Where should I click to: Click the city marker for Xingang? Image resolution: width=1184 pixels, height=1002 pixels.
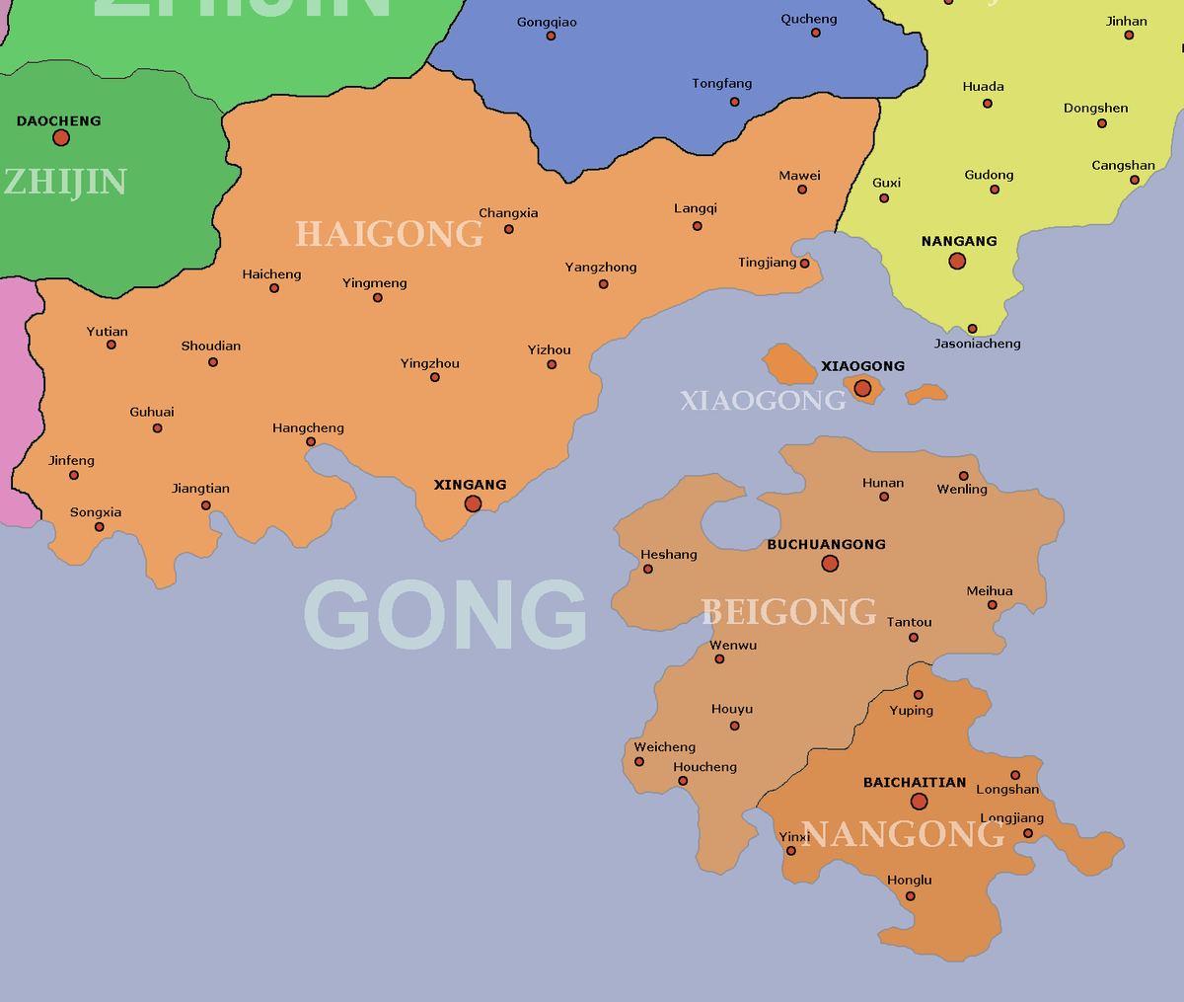[473, 503]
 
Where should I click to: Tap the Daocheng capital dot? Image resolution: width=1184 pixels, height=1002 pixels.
[61, 137]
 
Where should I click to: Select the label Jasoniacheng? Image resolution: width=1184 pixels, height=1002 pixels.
[977, 344]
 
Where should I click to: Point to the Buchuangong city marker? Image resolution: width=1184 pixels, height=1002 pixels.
[830, 564]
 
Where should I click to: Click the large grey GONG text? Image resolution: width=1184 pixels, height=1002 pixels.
[445, 614]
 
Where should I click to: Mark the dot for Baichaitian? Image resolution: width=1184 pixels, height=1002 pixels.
[919, 802]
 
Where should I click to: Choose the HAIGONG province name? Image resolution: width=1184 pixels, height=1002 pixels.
[389, 234]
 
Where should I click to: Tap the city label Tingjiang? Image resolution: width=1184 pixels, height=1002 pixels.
[767, 263]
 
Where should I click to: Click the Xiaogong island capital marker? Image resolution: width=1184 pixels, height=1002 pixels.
[862, 388]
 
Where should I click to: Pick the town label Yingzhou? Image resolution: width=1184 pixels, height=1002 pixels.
[430, 363]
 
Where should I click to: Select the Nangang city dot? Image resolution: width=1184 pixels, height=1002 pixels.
[957, 262]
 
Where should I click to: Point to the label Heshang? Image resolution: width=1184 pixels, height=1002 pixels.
[669, 555]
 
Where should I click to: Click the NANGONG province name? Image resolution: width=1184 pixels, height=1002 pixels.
[902, 834]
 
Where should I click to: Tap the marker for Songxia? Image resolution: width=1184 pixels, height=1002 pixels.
[99, 527]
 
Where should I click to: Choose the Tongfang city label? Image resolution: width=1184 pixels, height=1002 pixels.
[722, 84]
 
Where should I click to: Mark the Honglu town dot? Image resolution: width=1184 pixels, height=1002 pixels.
[910, 896]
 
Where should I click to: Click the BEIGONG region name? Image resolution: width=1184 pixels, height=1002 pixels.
[788, 612]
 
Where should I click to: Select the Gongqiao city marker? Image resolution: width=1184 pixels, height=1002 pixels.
[551, 37]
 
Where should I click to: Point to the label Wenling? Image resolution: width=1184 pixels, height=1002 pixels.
[962, 490]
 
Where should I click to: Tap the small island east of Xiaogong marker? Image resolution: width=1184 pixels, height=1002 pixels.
[926, 394]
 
